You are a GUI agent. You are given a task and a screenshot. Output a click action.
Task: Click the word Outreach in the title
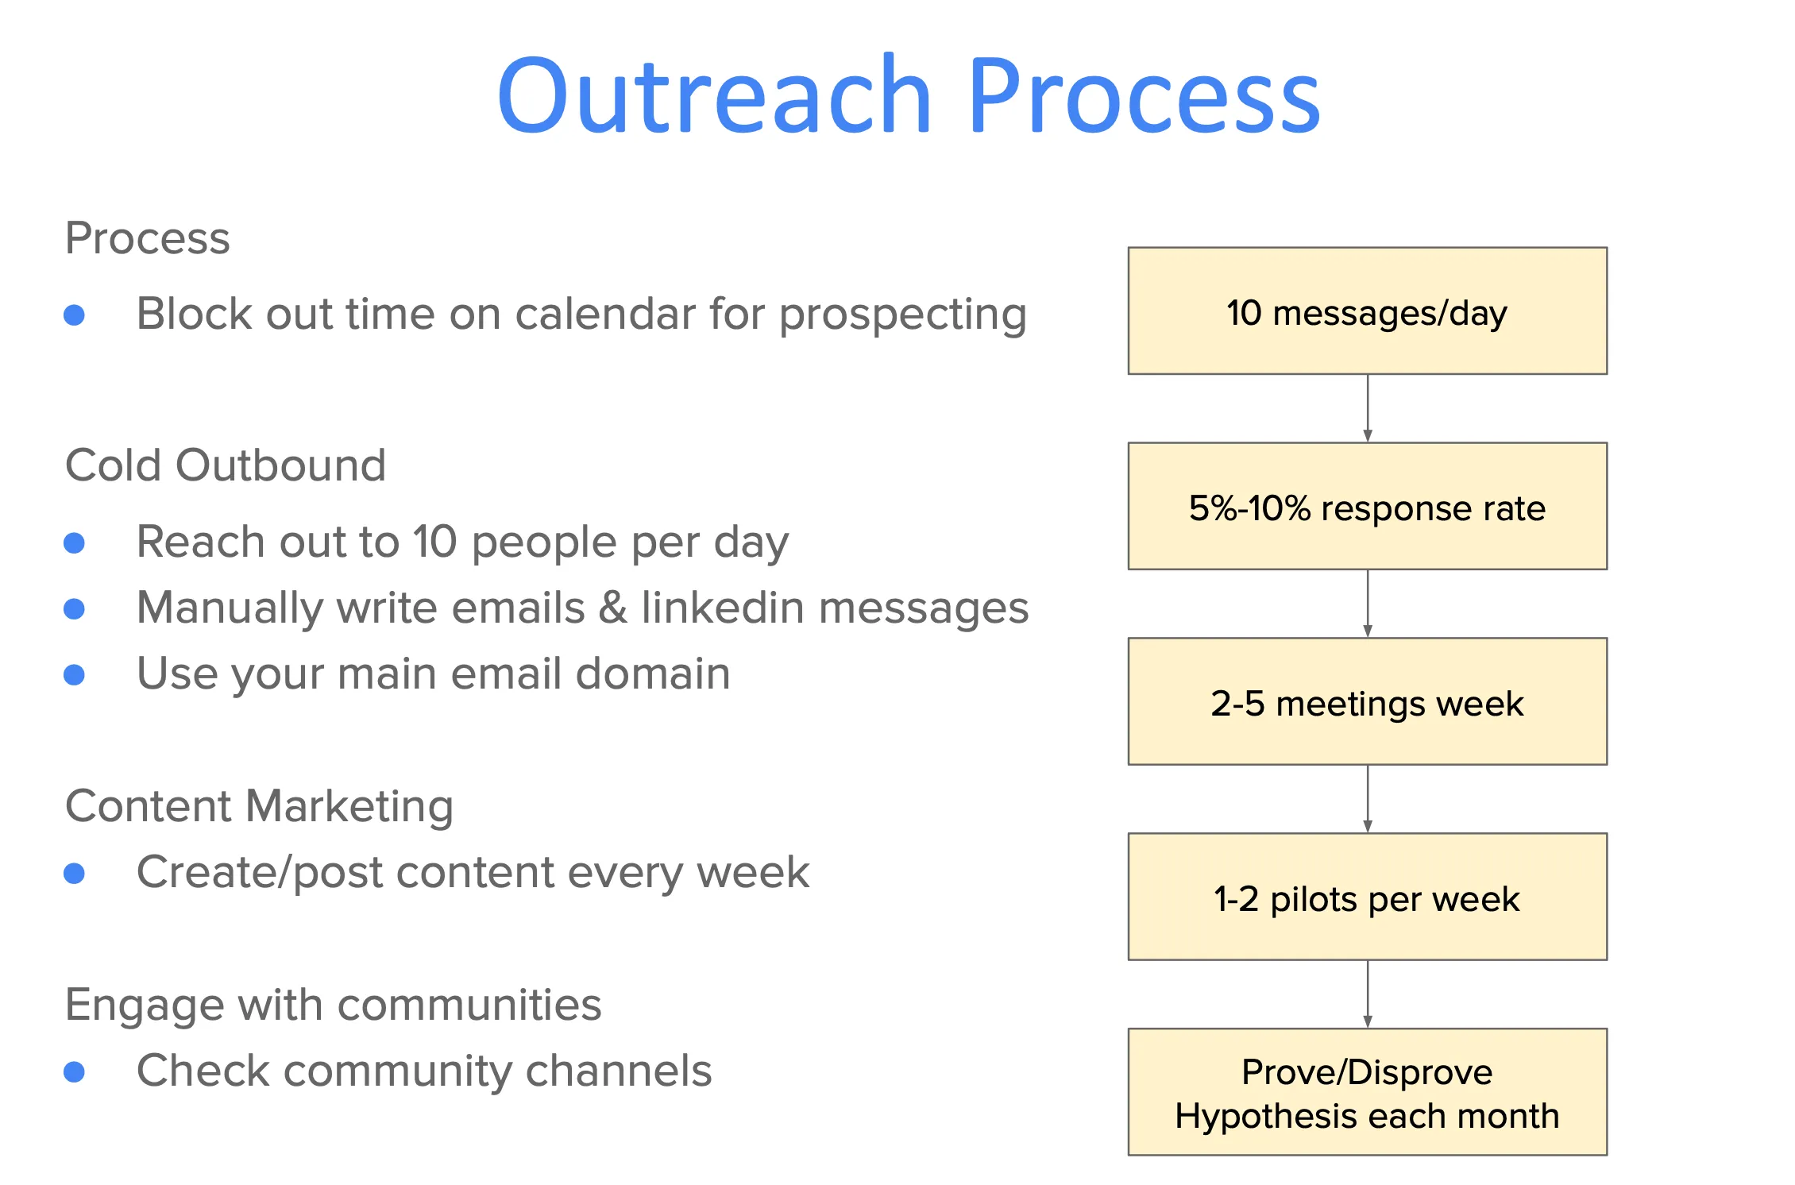[713, 95]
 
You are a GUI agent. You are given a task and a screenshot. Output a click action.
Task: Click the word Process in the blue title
[1144, 95]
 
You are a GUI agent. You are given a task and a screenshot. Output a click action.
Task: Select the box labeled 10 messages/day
[1367, 311]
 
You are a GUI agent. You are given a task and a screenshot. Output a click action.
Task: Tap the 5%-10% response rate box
[1367, 507]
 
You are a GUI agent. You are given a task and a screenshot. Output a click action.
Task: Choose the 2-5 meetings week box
[1367, 702]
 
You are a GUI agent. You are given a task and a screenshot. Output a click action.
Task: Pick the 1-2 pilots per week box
[1367, 897]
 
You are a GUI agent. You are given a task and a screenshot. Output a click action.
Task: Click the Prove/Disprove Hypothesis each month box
[1367, 1093]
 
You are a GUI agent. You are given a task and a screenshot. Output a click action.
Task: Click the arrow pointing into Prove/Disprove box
[1368, 994]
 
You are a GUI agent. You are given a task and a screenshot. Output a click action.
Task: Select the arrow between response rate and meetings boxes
[1368, 604]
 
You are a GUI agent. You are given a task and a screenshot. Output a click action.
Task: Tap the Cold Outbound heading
[226, 465]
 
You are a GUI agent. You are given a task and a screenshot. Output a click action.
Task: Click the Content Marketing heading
[259, 806]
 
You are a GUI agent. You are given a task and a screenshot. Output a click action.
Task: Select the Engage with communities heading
[333, 1005]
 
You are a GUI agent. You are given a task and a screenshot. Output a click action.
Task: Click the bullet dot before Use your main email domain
[75, 675]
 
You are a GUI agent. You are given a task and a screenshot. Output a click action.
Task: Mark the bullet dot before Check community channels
[75, 1072]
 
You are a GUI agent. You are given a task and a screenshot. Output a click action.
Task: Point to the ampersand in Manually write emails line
[613, 608]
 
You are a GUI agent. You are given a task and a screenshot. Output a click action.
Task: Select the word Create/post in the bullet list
[260, 874]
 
